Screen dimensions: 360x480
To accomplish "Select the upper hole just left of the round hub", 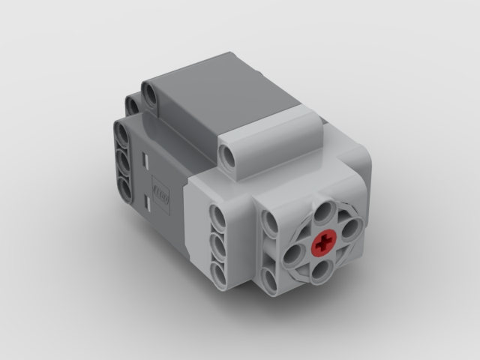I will pyautogui.click(x=269, y=223).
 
